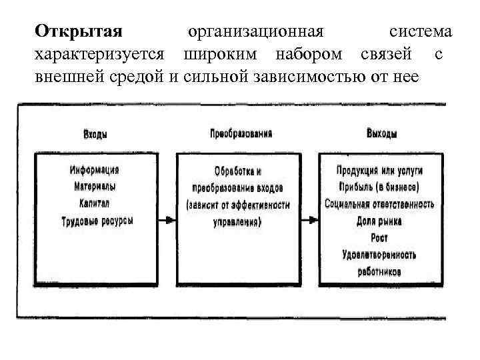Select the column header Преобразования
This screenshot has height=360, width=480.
(x=241, y=134)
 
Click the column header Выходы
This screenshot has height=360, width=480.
(x=382, y=134)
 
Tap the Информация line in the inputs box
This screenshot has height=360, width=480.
(x=95, y=169)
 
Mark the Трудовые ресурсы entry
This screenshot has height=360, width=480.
(x=97, y=220)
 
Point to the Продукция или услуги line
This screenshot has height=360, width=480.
(x=380, y=170)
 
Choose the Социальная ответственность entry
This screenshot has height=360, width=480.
(x=380, y=203)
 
